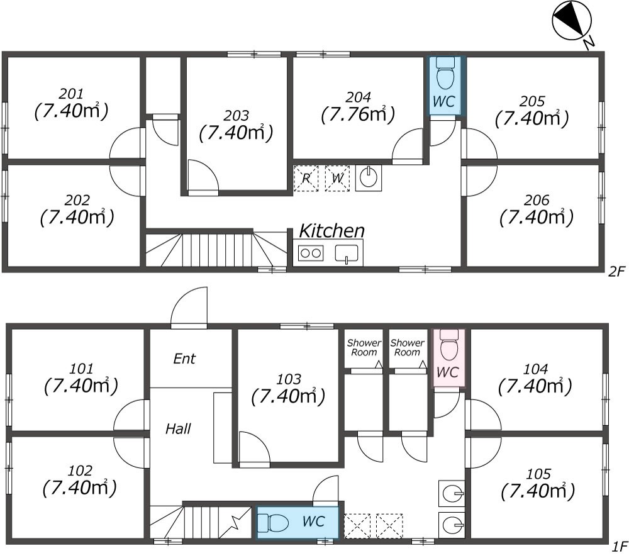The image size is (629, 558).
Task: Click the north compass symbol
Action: pyautogui.click(x=572, y=21)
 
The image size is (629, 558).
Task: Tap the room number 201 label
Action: pyautogui.click(x=70, y=94)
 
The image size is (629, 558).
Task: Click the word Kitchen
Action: pyautogui.click(x=331, y=230)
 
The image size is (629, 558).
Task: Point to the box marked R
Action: pyautogui.click(x=306, y=178)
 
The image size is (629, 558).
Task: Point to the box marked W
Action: pyautogui.click(x=337, y=178)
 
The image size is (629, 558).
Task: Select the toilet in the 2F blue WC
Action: pyautogui.click(x=445, y=75)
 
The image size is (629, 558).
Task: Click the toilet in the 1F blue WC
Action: pyautogui.click(x=274, y=522)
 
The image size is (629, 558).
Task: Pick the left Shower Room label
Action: pyautogui.click(x=364, y=347)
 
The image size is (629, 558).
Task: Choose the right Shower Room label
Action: pyautogui.click(x=407, y=347)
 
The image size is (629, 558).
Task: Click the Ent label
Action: pyautogui.click(x=184, y=359)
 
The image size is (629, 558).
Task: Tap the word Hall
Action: pyautogui.click(x=178, y=429)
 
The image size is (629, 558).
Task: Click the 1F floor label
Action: pyautogui.click(x=619, y=545)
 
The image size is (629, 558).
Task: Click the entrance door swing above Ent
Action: pyautogui.click(x=189, y=307)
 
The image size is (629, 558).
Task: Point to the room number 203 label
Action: pyautogui.click(x=236, y=116)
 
